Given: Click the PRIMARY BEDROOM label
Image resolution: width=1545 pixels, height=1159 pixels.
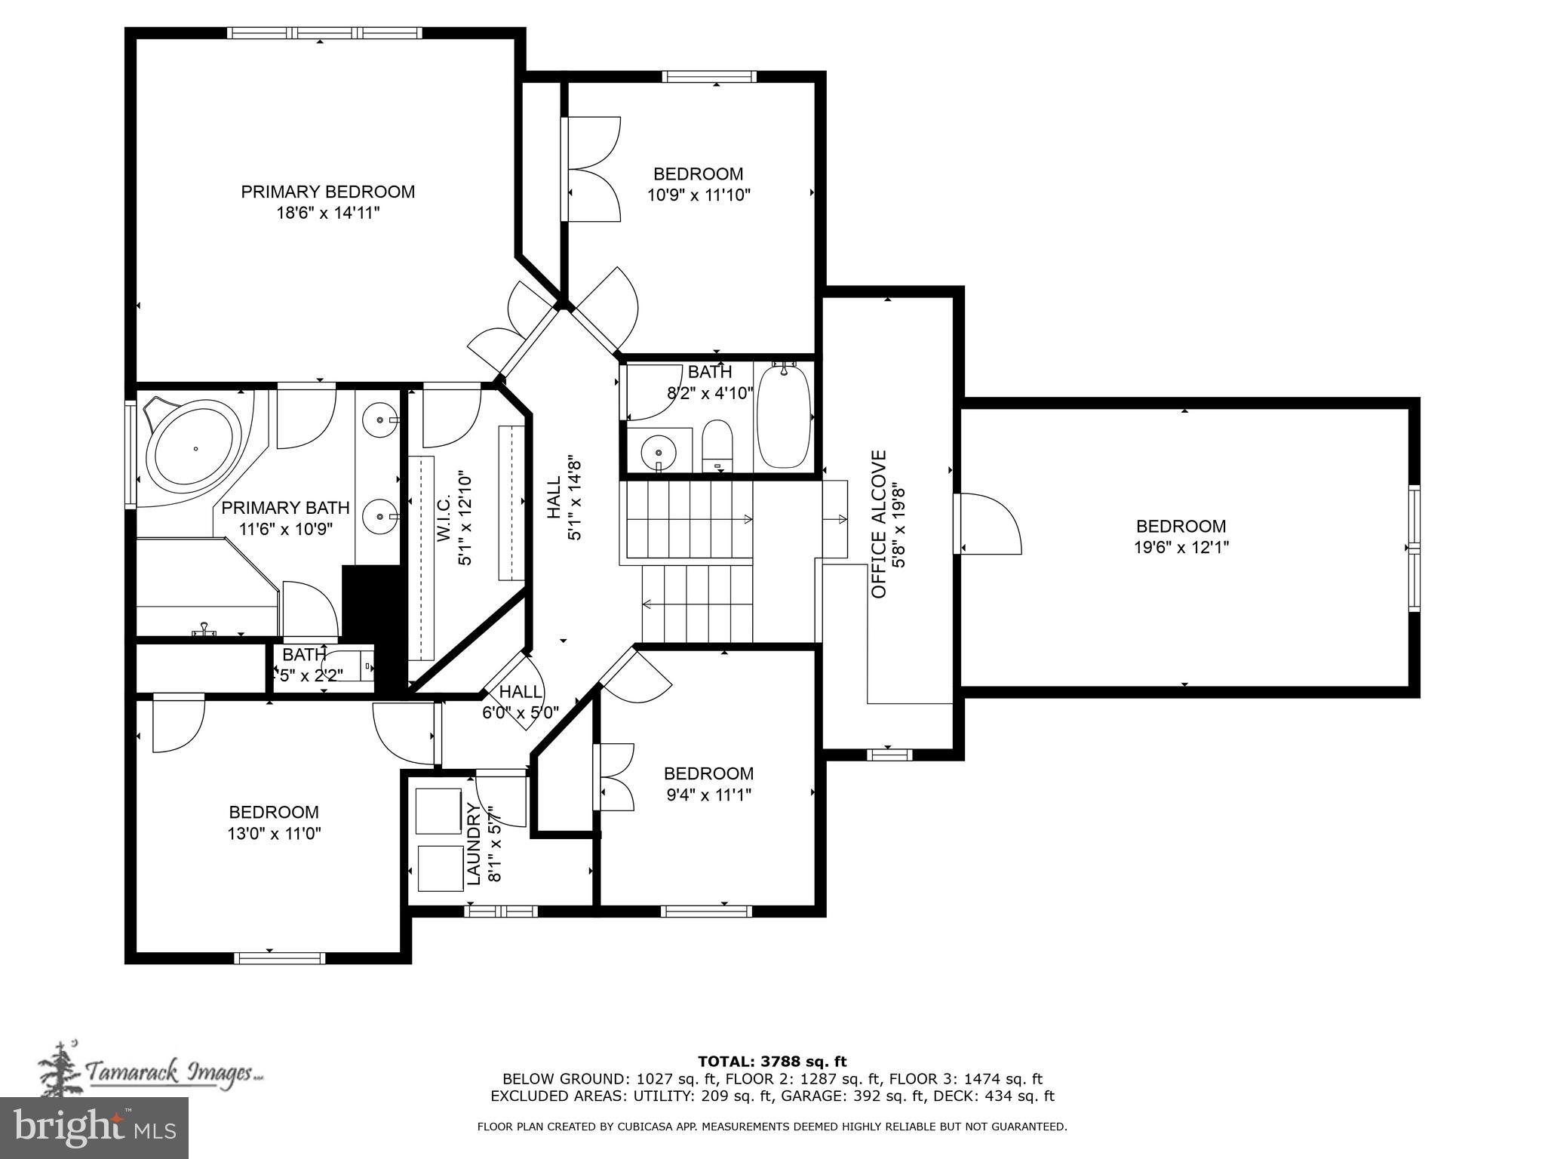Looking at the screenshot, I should pos(327,192).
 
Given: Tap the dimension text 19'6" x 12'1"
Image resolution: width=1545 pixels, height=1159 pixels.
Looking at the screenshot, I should pos(1181,548).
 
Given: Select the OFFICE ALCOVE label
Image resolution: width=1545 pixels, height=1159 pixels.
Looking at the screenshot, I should pos(879,524).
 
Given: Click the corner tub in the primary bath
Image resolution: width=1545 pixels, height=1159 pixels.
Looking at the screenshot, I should pos(195,448).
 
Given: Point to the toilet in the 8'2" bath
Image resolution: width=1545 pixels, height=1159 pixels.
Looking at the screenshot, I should pos(717,446).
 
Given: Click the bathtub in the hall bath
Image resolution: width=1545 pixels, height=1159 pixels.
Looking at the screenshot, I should pos(784,417).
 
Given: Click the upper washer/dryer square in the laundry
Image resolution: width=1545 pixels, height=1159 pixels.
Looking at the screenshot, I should pos(438,811).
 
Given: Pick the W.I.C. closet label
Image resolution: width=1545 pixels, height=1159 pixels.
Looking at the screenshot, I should pos(444,518).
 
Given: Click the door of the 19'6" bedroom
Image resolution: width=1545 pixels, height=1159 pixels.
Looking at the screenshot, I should pos(988,524).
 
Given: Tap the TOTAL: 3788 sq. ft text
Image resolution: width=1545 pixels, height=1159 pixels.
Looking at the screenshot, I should pos(772,1062).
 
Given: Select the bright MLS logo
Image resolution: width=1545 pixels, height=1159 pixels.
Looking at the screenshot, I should pos(94,1128).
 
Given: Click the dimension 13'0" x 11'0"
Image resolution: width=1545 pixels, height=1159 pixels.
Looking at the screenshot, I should pos(274,834).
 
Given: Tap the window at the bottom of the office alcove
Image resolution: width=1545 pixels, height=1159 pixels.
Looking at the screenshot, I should pos(889,754).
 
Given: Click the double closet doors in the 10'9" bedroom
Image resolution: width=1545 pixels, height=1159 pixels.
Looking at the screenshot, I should pos(592,169).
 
